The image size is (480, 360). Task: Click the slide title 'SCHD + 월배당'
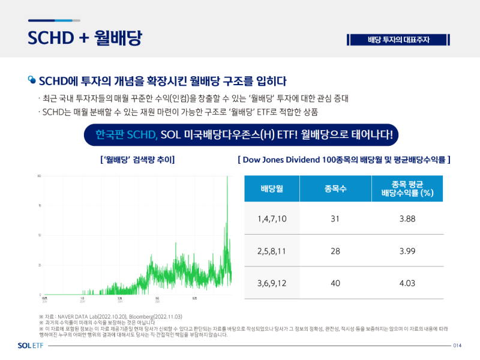click(x=85, y=37)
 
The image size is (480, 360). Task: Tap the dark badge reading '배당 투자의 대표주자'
click(x=398, y=40)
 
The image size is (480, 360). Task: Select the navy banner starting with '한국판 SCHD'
click(x=242, y=135)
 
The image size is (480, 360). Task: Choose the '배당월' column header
click(x=272, y=189)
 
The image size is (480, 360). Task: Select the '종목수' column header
click(x=335, y=189)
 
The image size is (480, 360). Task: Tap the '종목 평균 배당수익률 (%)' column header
click(x=407, y=188)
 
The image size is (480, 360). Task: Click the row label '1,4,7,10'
click(x=272, y=218)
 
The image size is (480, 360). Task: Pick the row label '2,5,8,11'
click(x=272, y=251)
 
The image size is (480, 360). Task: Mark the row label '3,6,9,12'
click(x=272, y=283)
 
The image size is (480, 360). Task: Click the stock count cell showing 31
click(x=335, y=218)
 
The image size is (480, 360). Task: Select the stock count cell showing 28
click(x=335, y=251)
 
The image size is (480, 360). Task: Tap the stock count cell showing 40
click(x=335, y=283)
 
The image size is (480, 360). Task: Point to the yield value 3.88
click(x=407, y=218)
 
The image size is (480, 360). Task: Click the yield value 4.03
click(x=407, y=283)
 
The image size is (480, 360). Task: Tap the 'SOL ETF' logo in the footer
click(x=31, y=346)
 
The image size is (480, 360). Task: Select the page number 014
click(x=457, y=346)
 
